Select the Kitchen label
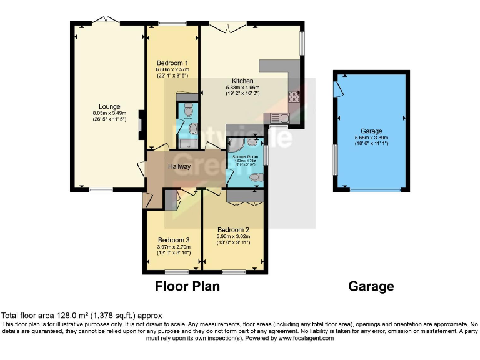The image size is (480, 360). click(x=242, y=81)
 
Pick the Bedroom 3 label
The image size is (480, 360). click(x=174, y=240)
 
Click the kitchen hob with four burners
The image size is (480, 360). click(x=294, y=97)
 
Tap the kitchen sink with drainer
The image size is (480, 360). click(x=276, y=117)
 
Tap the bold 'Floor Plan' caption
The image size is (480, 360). click(x=187, y=287)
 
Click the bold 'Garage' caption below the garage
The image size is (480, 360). click(x=371, y=287)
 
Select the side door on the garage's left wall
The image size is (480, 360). click(x=338, y=89)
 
